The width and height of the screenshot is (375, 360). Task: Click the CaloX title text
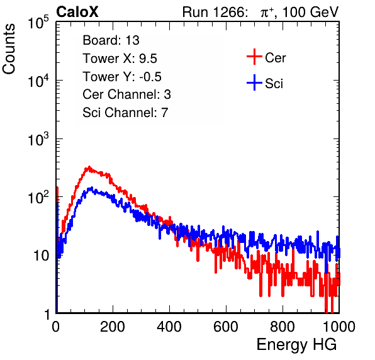[77, 12]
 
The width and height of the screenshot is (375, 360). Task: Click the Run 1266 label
[215, 12]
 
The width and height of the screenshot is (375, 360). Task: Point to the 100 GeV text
[311, 12]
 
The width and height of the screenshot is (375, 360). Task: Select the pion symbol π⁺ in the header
[267, 12]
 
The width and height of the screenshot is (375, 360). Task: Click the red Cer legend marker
[254, 57]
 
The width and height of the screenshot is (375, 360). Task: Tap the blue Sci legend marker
[254, 82]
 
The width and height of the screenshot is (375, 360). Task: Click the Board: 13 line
[111, 40]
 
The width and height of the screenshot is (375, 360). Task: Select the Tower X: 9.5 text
[120, 59]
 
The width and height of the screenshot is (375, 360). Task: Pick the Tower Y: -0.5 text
[122, 77]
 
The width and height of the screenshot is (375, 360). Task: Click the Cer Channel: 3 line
[126, 94]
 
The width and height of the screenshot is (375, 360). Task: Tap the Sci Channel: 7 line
[125, 113]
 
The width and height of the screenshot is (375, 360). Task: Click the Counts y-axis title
[9, 49]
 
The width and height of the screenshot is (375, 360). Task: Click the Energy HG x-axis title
[296, 345]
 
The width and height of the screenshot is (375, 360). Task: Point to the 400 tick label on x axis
[169, 327]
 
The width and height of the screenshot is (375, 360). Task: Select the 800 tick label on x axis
[283, 327]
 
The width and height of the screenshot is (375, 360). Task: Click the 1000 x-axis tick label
[339, 327]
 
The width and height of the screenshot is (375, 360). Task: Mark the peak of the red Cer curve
[89, 167]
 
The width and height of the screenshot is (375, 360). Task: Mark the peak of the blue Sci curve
[92, 188]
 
